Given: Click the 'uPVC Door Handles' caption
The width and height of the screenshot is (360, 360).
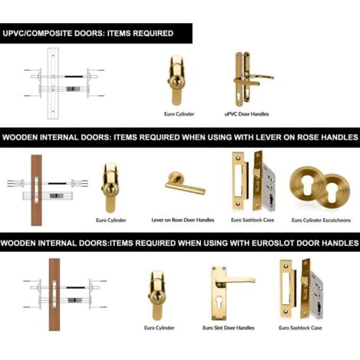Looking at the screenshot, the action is (247, 114).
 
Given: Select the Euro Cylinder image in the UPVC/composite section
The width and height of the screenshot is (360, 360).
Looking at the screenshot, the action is (177, 80).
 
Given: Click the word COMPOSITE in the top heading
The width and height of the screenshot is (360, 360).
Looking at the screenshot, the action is (48, 34).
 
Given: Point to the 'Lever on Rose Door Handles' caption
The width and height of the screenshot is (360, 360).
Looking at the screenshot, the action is (183, 220).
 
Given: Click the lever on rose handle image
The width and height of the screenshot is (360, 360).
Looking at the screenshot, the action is (185, 183).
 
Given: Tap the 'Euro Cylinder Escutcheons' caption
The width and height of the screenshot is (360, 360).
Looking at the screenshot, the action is (321, 220).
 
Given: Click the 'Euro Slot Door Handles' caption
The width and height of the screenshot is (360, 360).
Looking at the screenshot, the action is (228, 328).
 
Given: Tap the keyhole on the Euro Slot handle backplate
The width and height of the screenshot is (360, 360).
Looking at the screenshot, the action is (218, 303).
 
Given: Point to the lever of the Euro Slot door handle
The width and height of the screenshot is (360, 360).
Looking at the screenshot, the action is (235, 281).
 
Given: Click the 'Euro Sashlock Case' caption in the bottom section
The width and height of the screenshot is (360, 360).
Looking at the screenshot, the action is (300, 328).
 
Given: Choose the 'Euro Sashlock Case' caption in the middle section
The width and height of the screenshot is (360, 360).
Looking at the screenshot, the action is (253, 220).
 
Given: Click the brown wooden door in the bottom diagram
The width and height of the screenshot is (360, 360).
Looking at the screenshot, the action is (54, 294).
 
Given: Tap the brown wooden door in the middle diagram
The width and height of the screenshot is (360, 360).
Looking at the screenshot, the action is (37, 190).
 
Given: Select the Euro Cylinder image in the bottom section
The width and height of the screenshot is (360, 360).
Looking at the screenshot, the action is (157, 296).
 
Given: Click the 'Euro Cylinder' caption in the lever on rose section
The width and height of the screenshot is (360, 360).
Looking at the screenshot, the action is (111, 220).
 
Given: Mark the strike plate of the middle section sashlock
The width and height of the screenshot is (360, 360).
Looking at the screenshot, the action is (239, 180).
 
